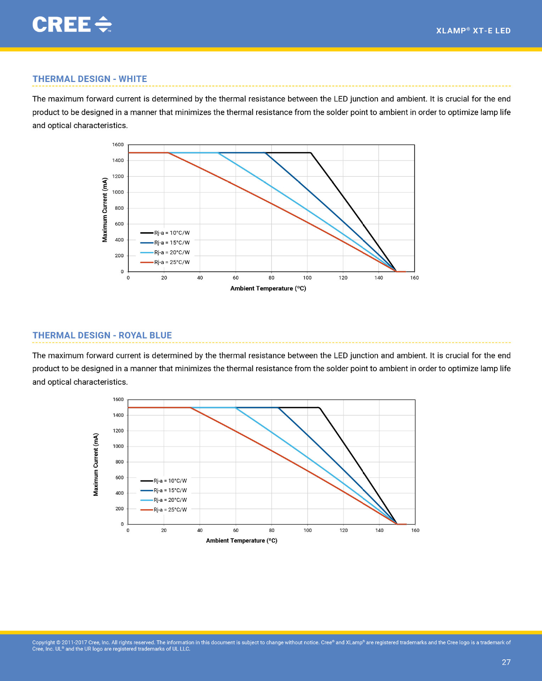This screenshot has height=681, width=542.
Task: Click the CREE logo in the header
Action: coord(72,24)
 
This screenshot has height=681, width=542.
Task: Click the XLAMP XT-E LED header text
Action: coord(473,31)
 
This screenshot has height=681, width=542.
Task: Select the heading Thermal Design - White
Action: coord(90,79)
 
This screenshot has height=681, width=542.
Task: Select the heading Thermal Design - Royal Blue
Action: coord(102,335)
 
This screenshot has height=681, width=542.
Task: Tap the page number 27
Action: coord(506,662)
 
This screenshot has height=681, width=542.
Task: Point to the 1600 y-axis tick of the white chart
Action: coord(118,145)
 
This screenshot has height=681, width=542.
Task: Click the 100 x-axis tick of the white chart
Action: coord(307,278)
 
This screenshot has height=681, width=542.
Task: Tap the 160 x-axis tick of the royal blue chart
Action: coord(415,531)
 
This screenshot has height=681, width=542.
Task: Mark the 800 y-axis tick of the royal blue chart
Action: coord(119,462)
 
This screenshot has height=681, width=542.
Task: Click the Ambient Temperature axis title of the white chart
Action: coord(268,289)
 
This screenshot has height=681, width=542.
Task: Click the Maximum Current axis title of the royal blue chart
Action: coord(96,465)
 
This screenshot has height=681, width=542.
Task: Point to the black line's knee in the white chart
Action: coord(311,153)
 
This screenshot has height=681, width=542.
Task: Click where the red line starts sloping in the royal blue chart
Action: coord(191,408)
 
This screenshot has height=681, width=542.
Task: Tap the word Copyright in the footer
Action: coord(43,643)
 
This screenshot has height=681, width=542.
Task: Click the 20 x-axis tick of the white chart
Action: coord(164,278)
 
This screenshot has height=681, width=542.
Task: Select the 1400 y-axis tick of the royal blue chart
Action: coord(118,415)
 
